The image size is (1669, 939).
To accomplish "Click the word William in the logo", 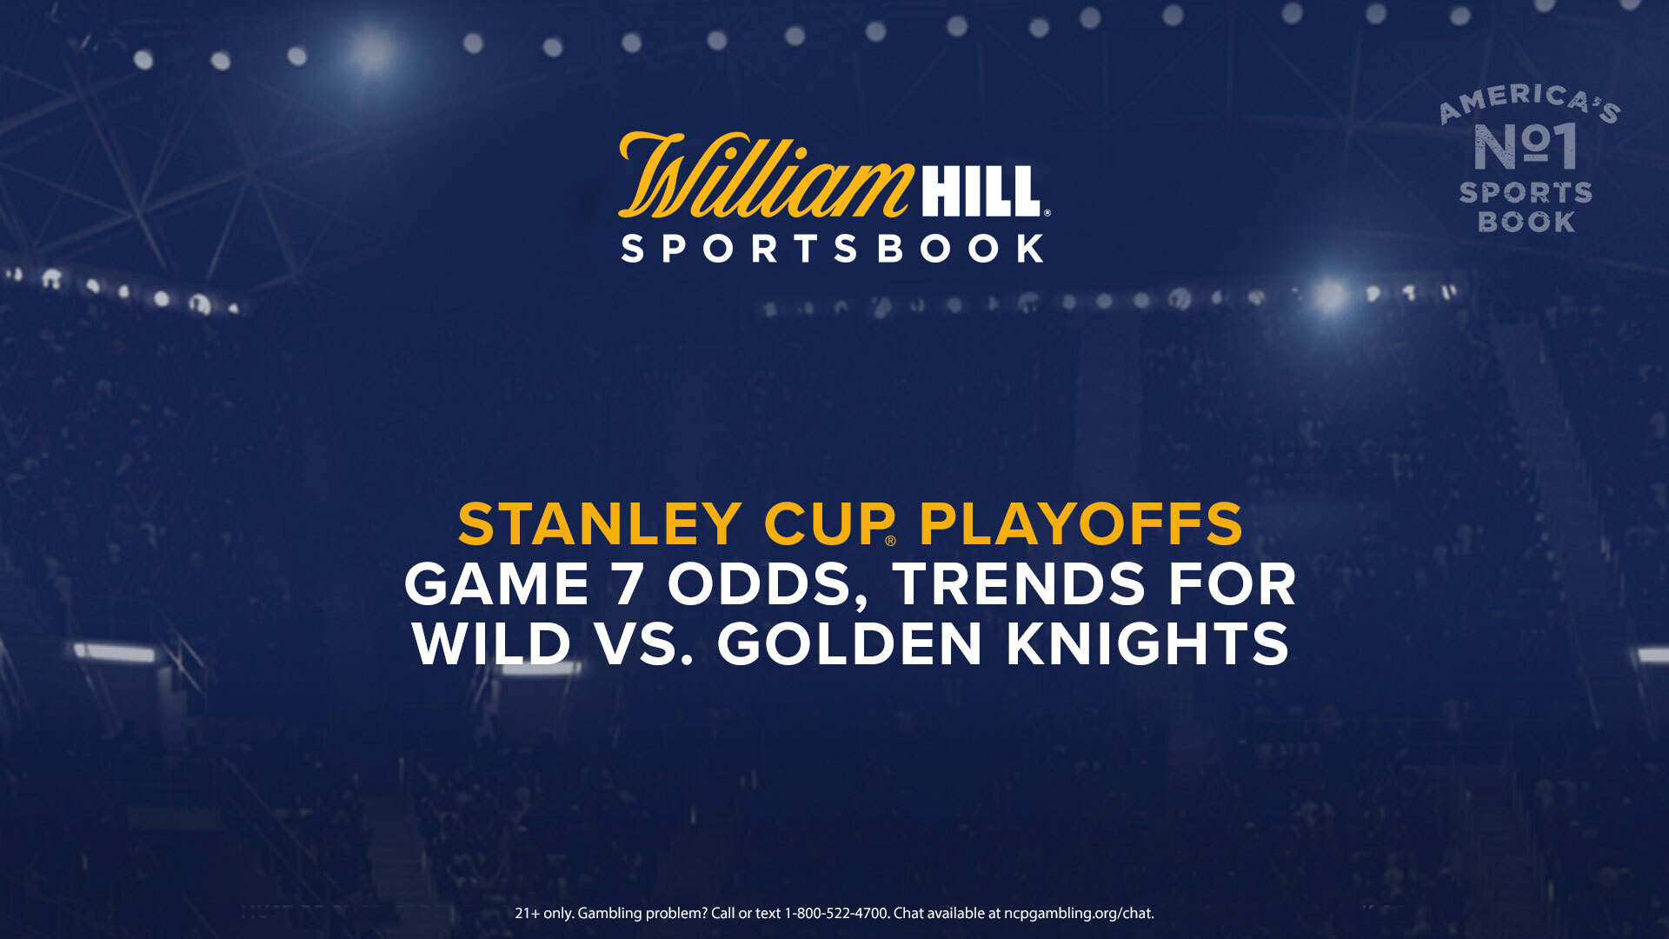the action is click(765, 175).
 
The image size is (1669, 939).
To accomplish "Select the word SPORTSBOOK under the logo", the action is click(833, 249).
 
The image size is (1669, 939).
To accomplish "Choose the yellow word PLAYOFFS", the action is click(1081, 524).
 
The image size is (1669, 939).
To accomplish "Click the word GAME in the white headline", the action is click(497, 584).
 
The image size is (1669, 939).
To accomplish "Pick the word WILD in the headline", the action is click(492, 644).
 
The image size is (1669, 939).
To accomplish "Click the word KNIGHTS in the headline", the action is click(1147, 644).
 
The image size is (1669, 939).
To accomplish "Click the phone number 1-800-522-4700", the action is click(836, 913).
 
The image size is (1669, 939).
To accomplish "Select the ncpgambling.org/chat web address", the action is click(1079, 914).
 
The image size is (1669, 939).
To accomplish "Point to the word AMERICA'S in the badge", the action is click(1530, 103).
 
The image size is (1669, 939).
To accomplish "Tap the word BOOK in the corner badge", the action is click(1526, 222).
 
